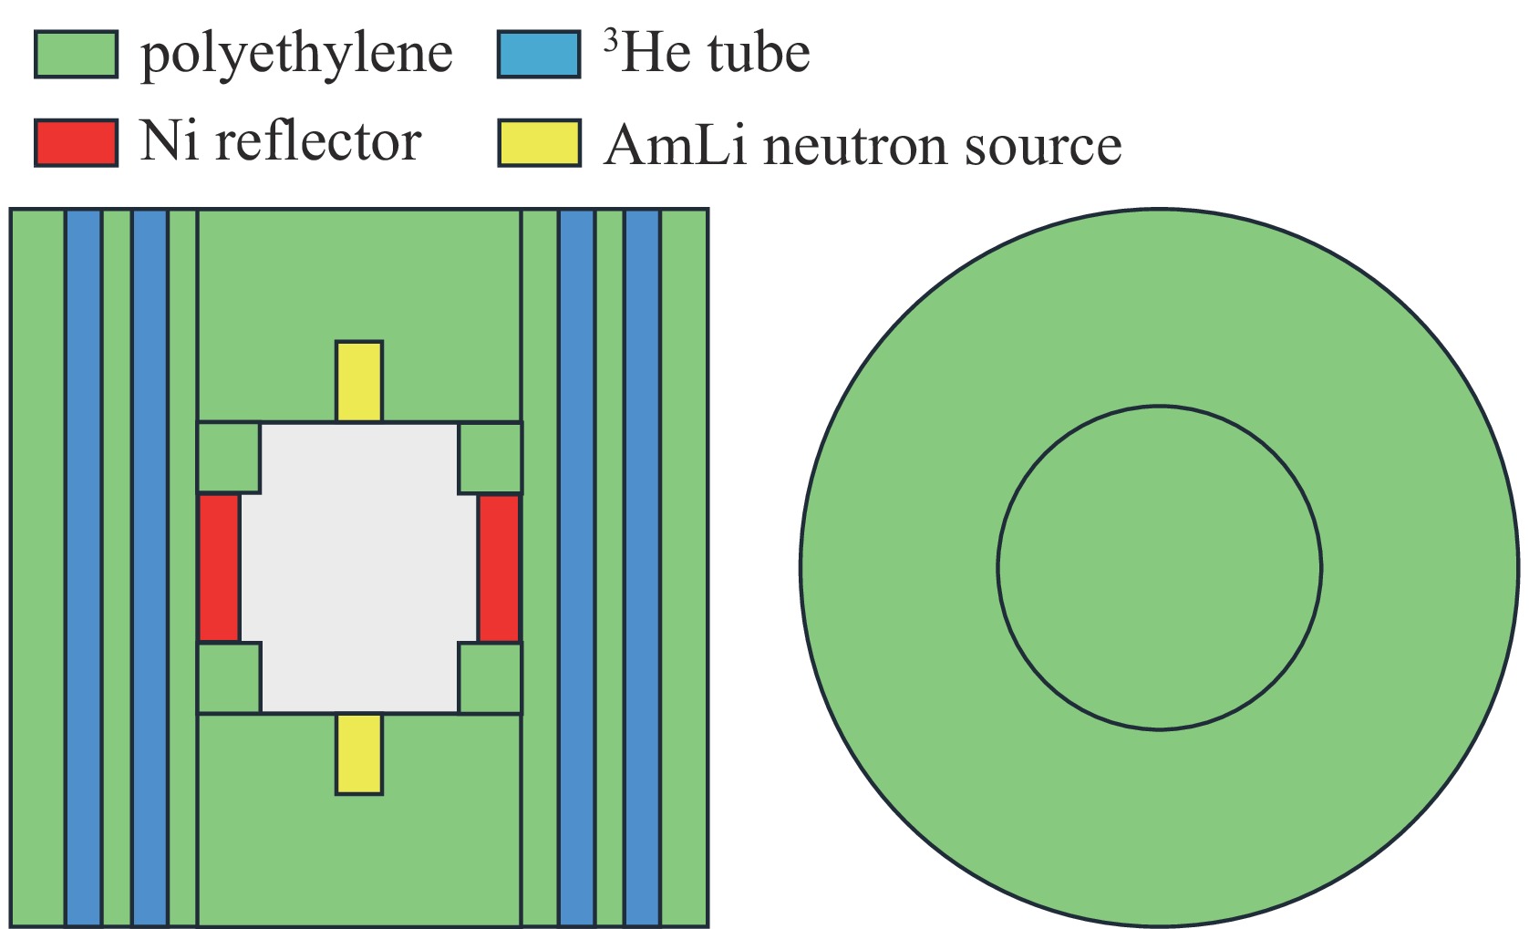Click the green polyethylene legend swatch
(76, 55)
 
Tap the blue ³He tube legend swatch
(539, 55)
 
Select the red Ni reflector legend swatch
(76, 143)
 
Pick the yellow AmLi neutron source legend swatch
(539, 143)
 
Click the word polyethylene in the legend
(296, 55)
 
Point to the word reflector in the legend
(318, 142)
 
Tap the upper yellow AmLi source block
(359, 381)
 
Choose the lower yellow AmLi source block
(359, 754)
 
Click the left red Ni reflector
(220, 568)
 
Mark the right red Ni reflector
(499, 568)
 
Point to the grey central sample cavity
(359, 567)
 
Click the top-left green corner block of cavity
(229, 458)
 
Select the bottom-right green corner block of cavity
(491, 677)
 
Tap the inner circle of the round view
(1159, 567)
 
